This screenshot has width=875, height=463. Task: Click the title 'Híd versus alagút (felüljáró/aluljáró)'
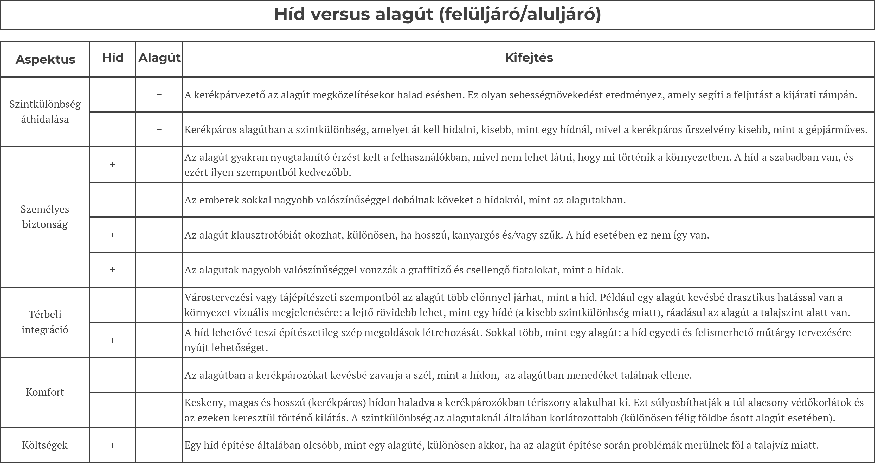(x=437, y=14)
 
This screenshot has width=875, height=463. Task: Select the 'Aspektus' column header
(x=45, y=60)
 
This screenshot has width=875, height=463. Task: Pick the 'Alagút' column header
(x=159, y=58)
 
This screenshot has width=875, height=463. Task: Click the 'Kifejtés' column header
(x=529, y=58)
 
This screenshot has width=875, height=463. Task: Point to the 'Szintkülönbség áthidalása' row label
(x=45, y=112)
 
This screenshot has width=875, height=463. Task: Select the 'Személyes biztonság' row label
(x=45, y=217)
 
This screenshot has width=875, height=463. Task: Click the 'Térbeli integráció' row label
(x=45, y=322)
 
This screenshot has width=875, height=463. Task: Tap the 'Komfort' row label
(x=45, y=392)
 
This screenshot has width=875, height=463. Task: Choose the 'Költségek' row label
(x=45, y=445)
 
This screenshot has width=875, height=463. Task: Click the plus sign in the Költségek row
(x=112, y=445)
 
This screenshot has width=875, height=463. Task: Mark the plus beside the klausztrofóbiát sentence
(x=112, y=235)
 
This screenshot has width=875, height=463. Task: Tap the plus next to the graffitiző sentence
(x=112, y=270)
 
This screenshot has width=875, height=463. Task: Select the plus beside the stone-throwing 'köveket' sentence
(x=159, y=200)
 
